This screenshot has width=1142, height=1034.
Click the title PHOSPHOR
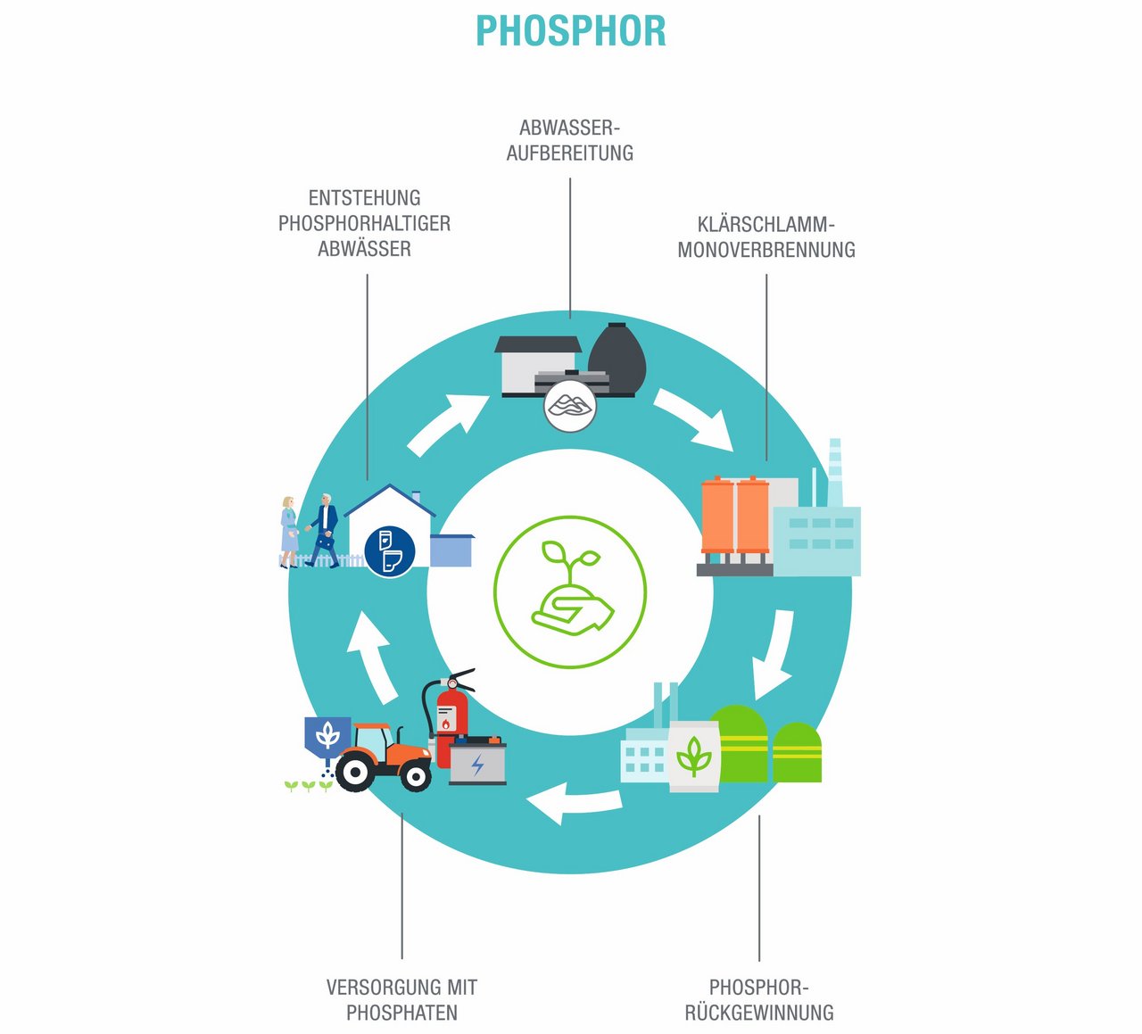pyautogui.click(x=570, y=31)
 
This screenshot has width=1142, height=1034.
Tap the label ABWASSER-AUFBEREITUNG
pyautogui.click(x=569, y=140)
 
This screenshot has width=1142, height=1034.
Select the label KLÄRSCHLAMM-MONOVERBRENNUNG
pyautogui.click(x=765, y=237)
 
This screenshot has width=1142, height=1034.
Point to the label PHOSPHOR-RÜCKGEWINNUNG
pyautogui.click(x=759, y=999)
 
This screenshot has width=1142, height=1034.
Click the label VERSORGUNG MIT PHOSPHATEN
pyautogui.click(x=401, y=999)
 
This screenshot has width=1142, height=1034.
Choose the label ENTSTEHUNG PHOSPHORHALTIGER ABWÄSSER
pyautogui.click(x=364, y=223)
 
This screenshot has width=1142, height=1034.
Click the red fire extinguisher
pyautogui.click(x=450, y=714)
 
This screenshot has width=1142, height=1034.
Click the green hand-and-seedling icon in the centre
pyautogui.click(x=570, y=591)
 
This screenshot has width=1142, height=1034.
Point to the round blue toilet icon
pyautogui.click(x=390, y=550)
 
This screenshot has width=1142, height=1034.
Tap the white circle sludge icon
pyautogui.click(x=569, y=407)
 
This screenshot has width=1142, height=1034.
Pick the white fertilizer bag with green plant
pyautogui.click(x=694, y=757)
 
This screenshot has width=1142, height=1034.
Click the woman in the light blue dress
pyautogui.click(x=289, y=532)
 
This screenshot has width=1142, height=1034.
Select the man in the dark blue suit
pyautogui.click(x=325, y=530)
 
